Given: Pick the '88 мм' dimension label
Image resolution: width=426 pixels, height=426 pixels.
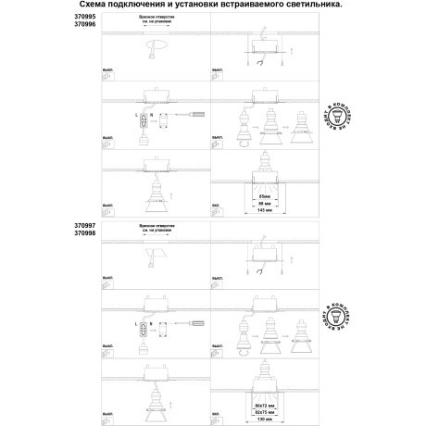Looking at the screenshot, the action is pyautogui.click(x=265, y=204).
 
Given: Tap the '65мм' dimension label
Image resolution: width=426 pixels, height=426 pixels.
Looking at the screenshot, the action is pyautogui.click(x=265, y=196).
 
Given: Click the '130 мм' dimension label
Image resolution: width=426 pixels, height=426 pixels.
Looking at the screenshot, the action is pyautogui.click(x=265, y=418).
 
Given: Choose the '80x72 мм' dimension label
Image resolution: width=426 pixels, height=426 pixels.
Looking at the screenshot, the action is pyautogui.click(x=265, y=404).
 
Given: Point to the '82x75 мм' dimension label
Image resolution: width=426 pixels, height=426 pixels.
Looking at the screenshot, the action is pyautogui.click(x=265, y=410).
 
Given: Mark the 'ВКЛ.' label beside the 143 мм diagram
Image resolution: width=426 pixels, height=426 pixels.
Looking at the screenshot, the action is pyautogui.click(x=217, y=202).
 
